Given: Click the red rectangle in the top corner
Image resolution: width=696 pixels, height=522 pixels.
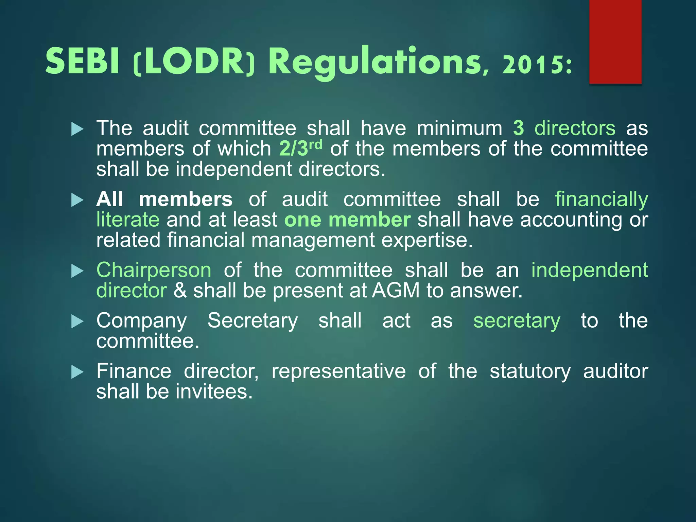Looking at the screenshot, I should (x=615, y=41).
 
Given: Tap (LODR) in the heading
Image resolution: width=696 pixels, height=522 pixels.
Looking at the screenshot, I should (x=194, y=62).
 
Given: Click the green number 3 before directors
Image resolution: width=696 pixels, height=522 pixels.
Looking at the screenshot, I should (x=519, y=128).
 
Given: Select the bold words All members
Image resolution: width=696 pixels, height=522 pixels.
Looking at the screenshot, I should (x=164, y=199).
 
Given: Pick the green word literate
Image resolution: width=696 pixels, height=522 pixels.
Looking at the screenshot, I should (x=128, y=220).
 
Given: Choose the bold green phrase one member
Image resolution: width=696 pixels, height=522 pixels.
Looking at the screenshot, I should (x=347, y=220).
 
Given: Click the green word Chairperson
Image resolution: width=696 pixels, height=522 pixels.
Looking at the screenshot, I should (x=154, y=270).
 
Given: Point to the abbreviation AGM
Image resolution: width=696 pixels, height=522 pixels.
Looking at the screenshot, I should (x=396, y=291).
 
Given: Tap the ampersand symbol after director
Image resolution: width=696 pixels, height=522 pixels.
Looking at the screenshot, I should (x=180, y=291).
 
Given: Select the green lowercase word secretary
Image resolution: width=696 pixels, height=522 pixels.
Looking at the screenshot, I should (x=517, y=321).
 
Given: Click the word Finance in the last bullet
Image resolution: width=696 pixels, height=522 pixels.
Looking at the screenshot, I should (x=134, y=371).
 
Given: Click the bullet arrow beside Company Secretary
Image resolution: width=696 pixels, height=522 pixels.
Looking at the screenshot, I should (x=77, y=321).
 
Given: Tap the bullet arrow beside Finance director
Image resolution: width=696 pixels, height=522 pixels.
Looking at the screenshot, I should (x=77, y=372).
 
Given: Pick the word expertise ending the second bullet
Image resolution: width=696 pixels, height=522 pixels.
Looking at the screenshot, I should (x=427, y=240).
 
